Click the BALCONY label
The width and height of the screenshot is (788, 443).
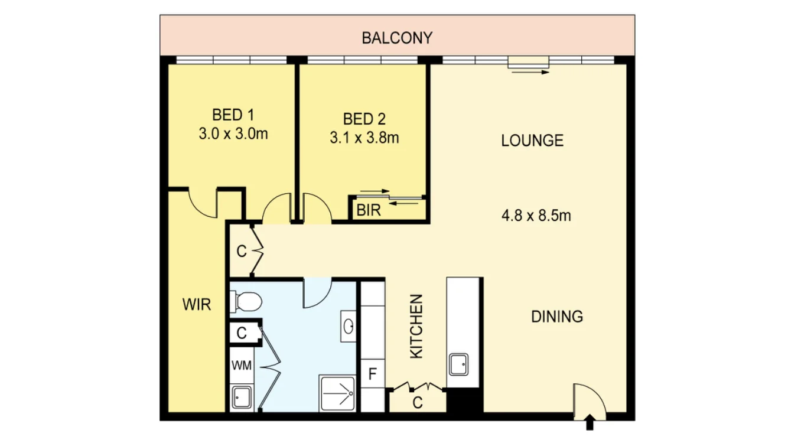coord(397,38)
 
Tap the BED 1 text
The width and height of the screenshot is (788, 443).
coord(233,114)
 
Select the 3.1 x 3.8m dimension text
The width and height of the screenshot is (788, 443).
coord(364,138)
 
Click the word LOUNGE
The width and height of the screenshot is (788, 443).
coord(532,141)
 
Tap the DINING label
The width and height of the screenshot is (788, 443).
coord(557,317)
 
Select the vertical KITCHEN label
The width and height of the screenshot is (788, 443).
coord(416,326)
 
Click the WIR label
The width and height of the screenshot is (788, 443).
coord(196,305)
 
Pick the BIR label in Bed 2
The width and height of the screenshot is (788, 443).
coord(368,211)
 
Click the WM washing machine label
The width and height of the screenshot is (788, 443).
coord(241,366)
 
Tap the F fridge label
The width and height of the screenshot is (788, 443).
coord(372,374)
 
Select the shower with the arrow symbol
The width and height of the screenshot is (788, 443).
coord(337,393)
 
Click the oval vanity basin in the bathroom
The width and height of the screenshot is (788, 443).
coord(349,325)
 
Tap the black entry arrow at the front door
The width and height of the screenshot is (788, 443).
coord(590,422)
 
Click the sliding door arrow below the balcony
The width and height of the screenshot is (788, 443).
coord(529,72)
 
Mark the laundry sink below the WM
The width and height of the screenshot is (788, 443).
coord(241,397)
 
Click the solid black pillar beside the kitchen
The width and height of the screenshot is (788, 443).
coord(464,402)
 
